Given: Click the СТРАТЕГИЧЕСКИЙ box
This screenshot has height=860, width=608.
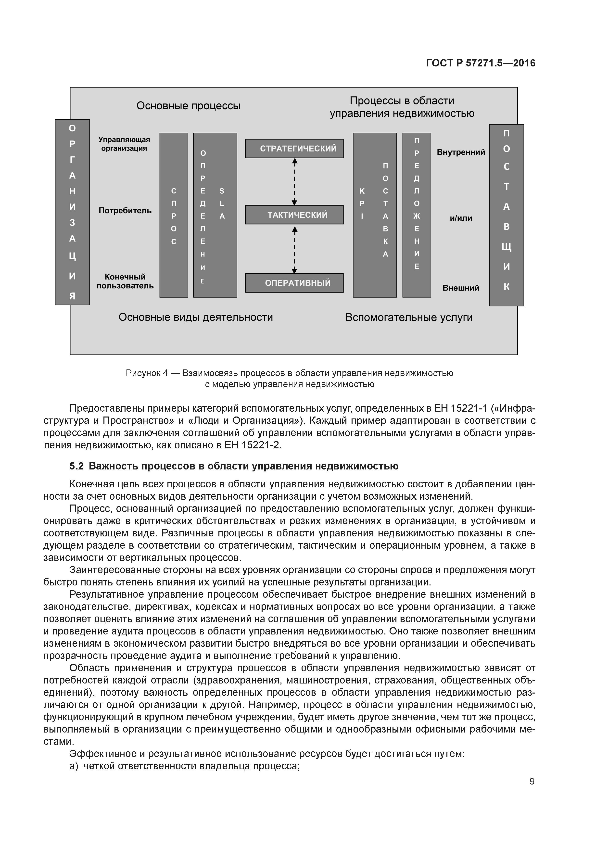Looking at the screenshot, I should [x=294, y=148].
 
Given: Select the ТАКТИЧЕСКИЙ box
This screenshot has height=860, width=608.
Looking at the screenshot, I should [x=294, y=215].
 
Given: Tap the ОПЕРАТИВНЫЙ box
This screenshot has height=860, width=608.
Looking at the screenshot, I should [x=294, y=283].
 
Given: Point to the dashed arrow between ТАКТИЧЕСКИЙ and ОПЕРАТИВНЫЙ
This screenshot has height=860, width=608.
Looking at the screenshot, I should [x=294, y=249].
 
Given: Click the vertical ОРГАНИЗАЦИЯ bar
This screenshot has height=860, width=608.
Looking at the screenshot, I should [x=72, y=212].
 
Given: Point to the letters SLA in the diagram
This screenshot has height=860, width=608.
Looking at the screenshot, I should [x=222, y=203].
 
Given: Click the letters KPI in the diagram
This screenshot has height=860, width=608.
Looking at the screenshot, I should [x=362, y=203].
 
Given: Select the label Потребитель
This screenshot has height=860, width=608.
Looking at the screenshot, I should [x=125, y=211].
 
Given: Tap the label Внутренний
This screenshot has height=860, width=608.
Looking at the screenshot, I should [x=460, y=152].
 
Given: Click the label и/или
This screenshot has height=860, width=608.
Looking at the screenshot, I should [x=461, y=218].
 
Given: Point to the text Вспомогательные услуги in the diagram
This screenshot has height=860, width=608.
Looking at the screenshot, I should [x=409, y=318].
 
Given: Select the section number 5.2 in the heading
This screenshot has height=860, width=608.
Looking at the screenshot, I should [x=76, y=466].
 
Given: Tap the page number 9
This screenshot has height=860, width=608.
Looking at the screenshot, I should [x=532, y=782].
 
